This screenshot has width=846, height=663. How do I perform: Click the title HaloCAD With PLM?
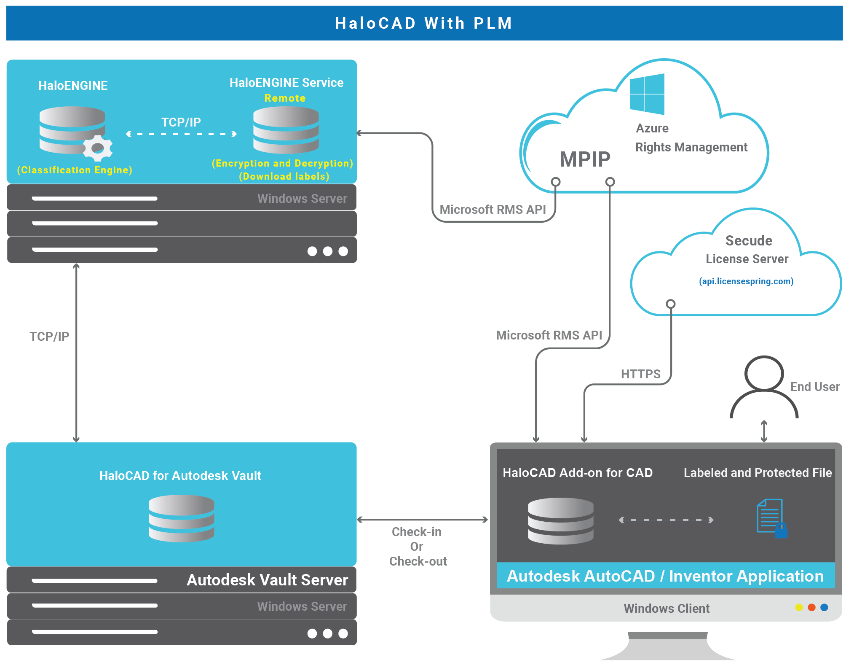tap(423, 23)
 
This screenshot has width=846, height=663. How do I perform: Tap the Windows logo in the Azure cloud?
tap(647, 94)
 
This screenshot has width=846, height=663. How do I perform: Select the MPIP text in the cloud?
tap(585, 159)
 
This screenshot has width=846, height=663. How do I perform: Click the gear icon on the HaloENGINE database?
tap(98, 148)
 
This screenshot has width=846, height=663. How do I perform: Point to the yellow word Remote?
tap(285, 98)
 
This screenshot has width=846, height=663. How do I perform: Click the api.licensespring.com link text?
tap(746, 281)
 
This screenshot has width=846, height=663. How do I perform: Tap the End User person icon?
tap(764, 386)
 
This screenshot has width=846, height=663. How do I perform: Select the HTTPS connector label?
tap(640, 374)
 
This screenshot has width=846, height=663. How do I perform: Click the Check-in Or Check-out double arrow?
tap(423, 520)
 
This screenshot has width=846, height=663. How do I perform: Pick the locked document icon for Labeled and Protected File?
tap(771, 519)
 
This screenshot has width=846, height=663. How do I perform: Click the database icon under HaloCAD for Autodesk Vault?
tap(182, 518)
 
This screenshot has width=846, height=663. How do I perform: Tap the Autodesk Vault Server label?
tap(268, 580)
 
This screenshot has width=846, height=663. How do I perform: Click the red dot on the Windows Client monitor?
tap(811, 607)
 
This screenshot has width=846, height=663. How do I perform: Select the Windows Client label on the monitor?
tap(667, 609)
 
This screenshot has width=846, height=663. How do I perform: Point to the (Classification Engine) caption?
tap(75, 170)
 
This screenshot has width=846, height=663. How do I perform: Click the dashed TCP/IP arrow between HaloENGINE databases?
tap(181, 134)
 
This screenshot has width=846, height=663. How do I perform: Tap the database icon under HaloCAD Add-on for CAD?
tap(560, 521)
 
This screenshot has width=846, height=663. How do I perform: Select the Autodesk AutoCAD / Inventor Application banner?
tap(665, 576)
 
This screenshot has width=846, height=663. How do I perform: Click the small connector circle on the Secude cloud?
tap(671, 304)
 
